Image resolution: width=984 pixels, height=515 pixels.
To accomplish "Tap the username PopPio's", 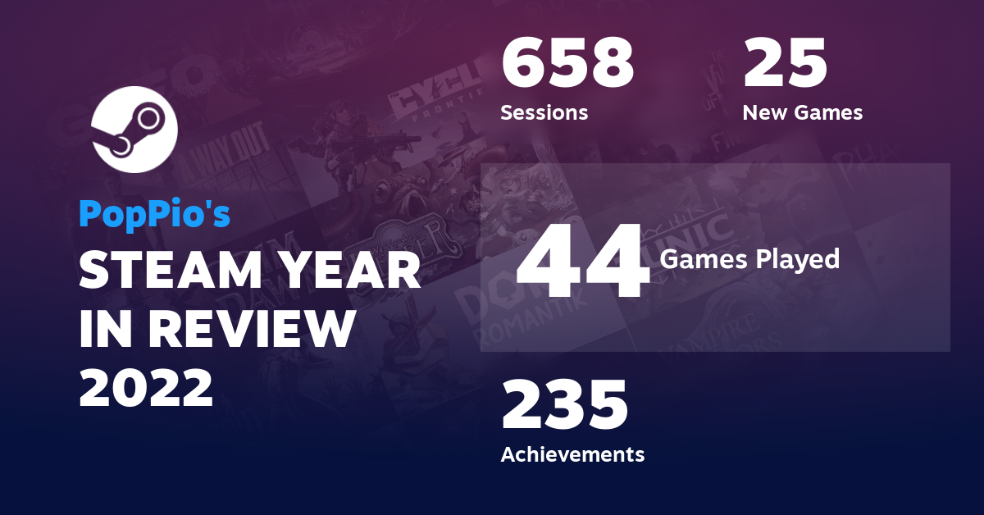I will pyautogui.click(x=154, y=214).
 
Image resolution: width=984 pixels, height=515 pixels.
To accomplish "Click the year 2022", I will pyautogui.click(x=146, y=388).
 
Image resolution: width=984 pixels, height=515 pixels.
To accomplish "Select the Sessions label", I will pyautogui.click(x=544, y=112).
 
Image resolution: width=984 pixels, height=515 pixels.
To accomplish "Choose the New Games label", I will pyautogui.click(x=802, y=112).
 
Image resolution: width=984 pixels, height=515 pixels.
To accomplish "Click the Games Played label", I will pyautogui.click(x=749, y=259).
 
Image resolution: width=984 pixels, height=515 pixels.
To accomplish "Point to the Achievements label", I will pyautogui.click(x=572, y=453).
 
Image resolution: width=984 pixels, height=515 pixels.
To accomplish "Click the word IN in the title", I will pyautogui.click(x=102, y=329).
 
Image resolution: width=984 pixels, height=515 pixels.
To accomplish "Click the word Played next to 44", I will pyautogui.click(x=799, y=259).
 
